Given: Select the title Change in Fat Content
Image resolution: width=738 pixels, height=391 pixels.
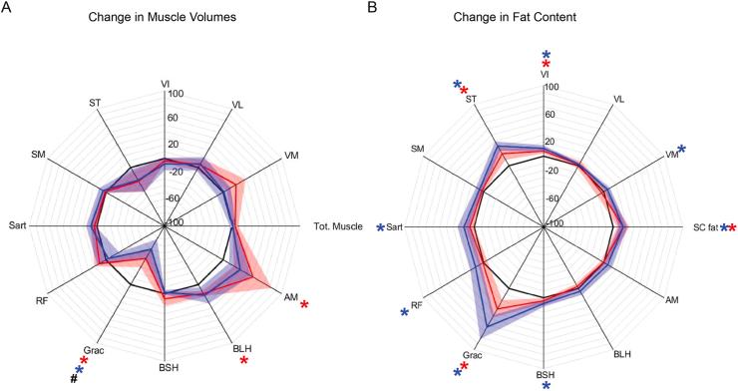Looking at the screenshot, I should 544,18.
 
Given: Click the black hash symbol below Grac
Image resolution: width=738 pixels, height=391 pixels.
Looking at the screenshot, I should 72,377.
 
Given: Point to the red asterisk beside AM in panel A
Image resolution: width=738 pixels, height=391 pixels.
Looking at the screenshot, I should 305,305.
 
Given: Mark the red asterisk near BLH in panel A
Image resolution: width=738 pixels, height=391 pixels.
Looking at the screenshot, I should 244,360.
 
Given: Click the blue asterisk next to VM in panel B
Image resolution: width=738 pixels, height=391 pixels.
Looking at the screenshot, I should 682,151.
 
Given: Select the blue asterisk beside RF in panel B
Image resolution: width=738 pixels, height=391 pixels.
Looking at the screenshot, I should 404,313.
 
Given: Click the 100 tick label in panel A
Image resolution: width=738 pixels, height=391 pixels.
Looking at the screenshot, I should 176,95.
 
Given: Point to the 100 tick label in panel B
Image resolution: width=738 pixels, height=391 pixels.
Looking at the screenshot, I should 554,88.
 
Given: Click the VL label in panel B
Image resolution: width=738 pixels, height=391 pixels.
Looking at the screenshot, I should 619,99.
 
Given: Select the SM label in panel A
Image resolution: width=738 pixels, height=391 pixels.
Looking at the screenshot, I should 40,155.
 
